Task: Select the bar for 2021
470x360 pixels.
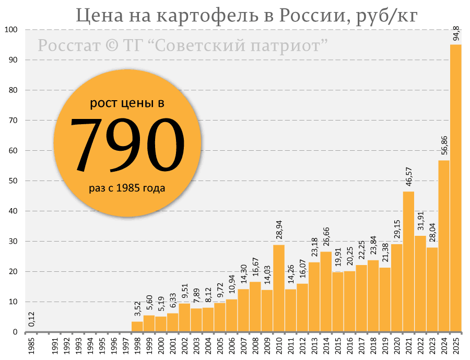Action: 409,261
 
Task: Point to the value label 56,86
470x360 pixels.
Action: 444,142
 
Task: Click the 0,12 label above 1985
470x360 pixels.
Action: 32,319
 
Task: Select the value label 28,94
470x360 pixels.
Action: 279,227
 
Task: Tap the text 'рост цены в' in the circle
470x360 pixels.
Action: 127,103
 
